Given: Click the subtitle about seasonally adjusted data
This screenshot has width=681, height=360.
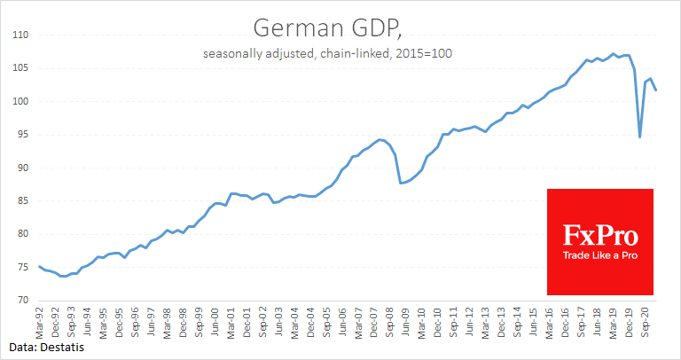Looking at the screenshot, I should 341,54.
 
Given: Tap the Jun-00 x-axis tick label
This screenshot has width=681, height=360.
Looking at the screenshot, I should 215,319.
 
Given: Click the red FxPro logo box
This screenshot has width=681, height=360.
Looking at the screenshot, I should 599,241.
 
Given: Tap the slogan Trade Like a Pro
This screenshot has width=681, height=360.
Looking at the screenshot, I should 599,256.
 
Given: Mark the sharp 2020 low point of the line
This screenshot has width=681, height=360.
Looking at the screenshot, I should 639,137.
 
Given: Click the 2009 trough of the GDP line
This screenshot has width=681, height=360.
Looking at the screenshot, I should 401,183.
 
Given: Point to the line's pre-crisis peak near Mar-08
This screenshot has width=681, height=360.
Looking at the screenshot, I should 380,139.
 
